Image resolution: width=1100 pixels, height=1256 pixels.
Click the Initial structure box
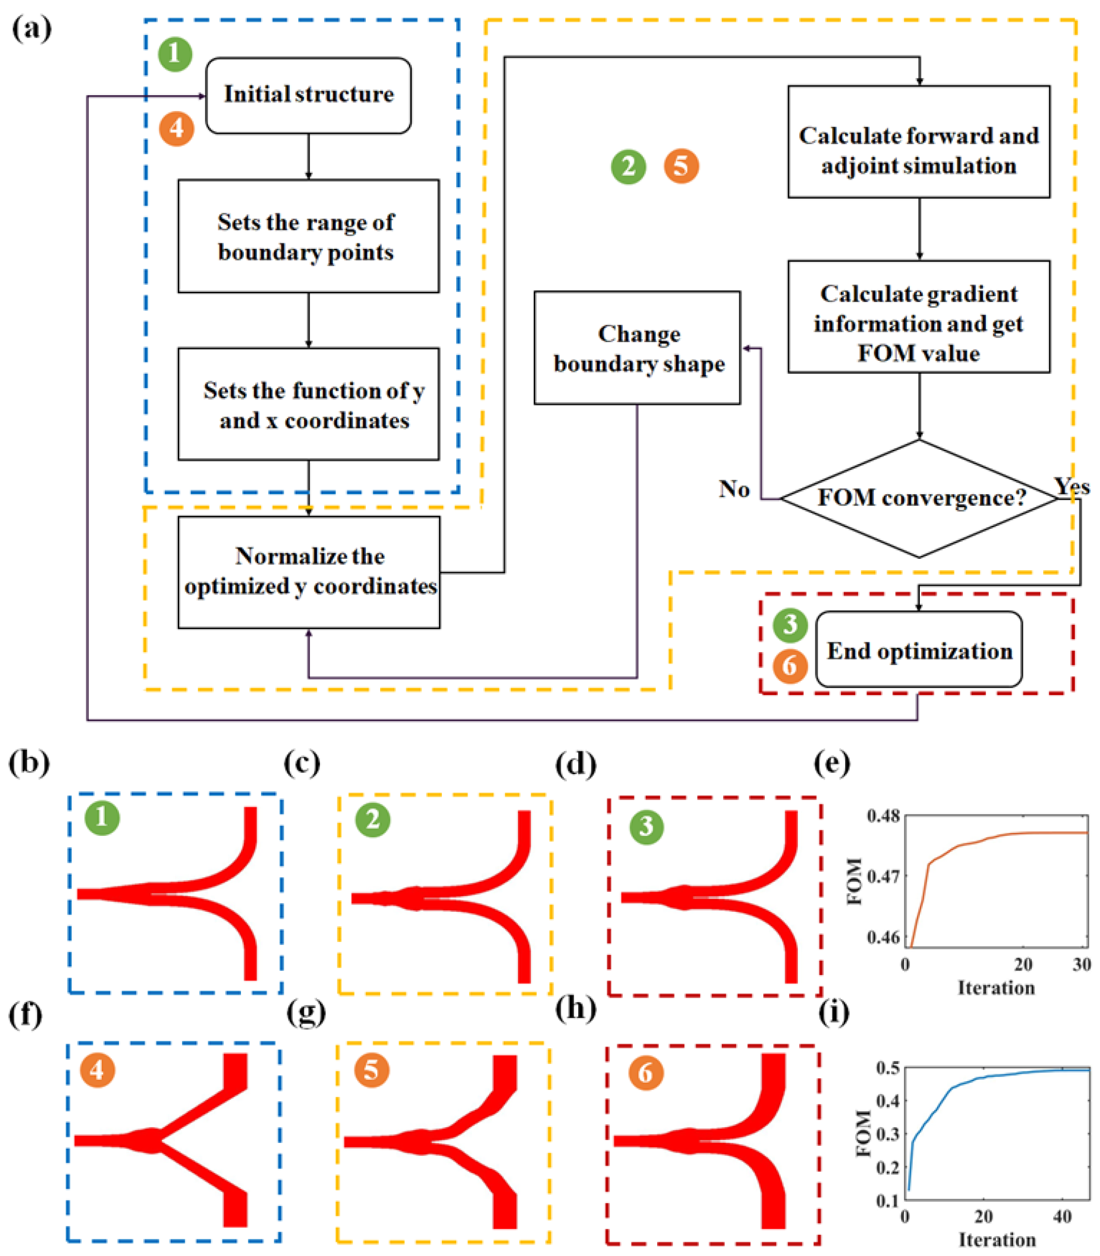point(308,95)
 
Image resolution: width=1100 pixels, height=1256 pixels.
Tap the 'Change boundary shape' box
point(637,348)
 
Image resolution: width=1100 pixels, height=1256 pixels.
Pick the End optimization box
point(919,650)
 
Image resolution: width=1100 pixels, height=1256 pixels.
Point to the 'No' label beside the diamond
point(734,489)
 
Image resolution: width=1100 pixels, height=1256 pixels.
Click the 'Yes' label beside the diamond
point(1071,486)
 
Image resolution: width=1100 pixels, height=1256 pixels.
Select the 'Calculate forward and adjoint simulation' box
point(919,141)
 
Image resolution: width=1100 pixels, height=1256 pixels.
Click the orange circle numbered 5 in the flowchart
point(681,166)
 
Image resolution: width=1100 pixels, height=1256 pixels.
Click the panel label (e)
point(832,763)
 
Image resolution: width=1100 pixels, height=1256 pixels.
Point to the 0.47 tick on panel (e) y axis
point(883,876)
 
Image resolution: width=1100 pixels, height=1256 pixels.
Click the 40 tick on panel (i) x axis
point(1062,1216)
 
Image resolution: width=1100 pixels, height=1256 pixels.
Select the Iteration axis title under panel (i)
point(997,1239)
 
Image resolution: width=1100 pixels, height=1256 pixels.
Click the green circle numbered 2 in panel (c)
point(373,820)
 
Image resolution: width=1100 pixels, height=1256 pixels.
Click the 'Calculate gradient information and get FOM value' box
point(919,316)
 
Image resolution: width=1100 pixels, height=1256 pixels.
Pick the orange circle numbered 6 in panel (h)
point(646,1072)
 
